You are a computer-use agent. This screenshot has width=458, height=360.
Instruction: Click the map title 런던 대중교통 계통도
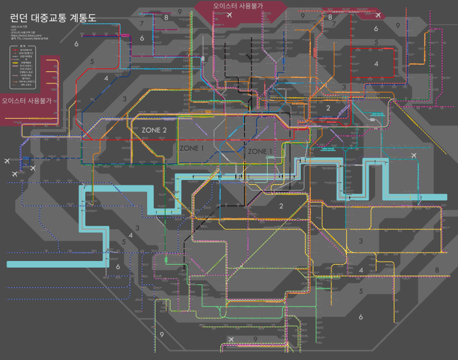point(53,17)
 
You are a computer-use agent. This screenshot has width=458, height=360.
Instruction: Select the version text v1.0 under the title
point(13,29)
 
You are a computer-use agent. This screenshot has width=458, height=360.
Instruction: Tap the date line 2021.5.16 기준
point(19,26)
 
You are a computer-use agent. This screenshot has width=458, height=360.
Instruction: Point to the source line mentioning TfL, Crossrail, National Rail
point(29,38)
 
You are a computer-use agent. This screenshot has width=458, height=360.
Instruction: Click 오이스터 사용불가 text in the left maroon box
point(26,101)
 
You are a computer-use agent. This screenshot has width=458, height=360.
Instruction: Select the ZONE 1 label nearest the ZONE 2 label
point(192,148)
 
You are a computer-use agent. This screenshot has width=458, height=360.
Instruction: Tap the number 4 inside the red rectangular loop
point(376,64)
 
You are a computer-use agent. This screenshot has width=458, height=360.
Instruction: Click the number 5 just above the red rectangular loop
point(376,42)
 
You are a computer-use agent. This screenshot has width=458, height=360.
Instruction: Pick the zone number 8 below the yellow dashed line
point(436,270)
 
